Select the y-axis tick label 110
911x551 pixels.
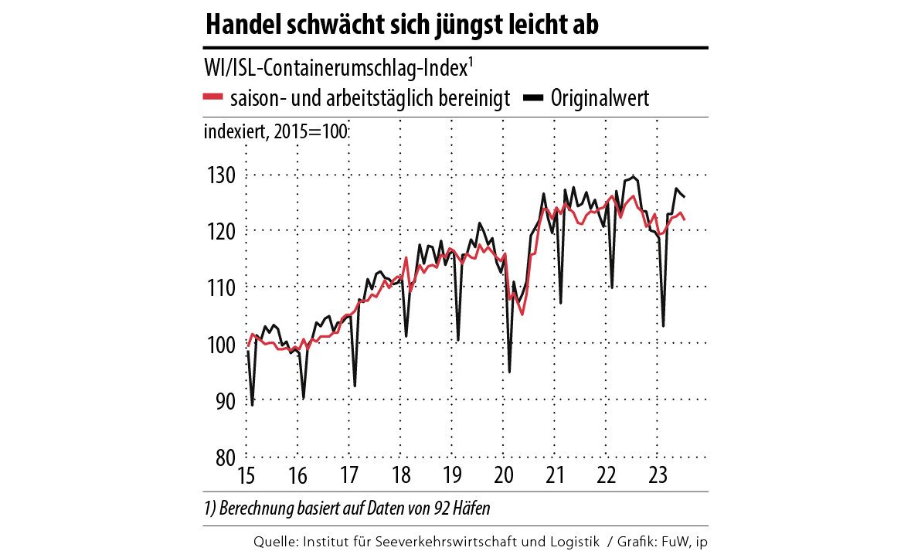(x=219, y=287)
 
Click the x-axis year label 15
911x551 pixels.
(x=246, y=474)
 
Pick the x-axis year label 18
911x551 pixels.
(x=400, y=474)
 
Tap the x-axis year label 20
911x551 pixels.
(x=503, y=474)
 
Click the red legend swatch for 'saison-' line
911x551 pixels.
(x=213, y=98)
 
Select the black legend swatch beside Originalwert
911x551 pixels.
(x=534, y=98)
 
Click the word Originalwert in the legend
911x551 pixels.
(x=600, y=99)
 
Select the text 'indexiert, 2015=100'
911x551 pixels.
(x=275, y=131)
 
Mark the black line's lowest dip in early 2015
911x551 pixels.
(x=253, y=404)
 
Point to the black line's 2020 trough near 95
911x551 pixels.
(x=509, y=372)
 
